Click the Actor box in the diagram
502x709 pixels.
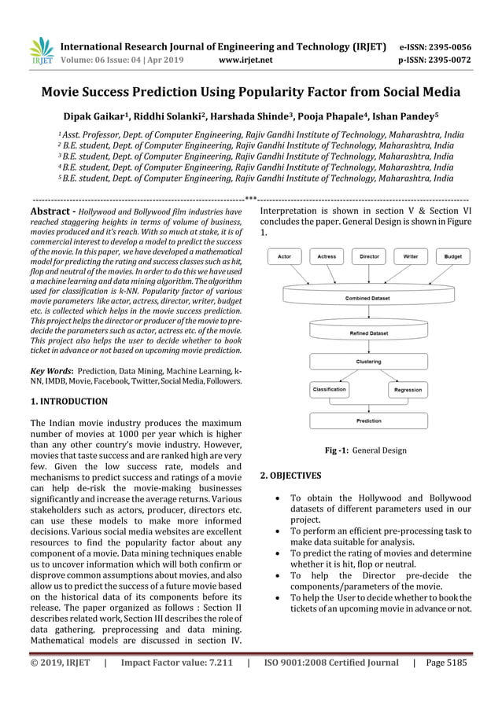285,256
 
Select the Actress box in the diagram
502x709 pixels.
327,256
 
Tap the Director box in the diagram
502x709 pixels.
369,256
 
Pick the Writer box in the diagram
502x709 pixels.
411,256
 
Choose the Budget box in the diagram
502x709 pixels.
453,256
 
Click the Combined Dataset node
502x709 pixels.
369,297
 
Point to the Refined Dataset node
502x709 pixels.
369,332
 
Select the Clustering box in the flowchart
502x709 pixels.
369,362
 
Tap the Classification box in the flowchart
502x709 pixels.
330,390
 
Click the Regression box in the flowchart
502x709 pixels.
408,390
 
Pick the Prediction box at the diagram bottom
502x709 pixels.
369,421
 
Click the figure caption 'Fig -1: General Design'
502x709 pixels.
366,450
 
